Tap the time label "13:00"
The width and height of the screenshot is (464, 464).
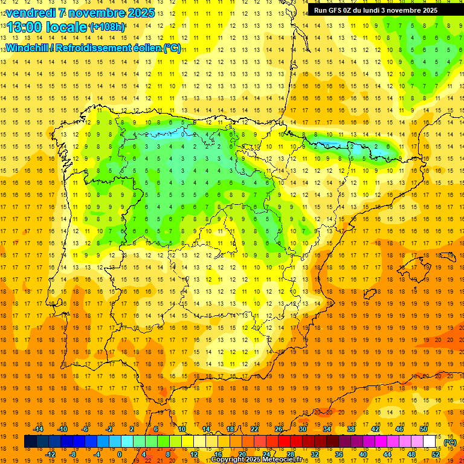25,27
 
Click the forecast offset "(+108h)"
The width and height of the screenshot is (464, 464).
108,27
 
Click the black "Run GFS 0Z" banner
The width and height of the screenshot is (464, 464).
385,10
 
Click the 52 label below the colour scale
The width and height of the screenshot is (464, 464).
436,454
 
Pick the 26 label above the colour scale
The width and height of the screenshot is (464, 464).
279,429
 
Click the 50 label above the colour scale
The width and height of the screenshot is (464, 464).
423,429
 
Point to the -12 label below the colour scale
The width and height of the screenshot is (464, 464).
51,454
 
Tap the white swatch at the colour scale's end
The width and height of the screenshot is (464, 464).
430,442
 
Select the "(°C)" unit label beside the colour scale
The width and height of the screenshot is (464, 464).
449,442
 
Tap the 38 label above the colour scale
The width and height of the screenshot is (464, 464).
351,429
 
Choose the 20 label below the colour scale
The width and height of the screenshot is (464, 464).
242,454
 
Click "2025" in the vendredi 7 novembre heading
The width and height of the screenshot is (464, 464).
140,13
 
